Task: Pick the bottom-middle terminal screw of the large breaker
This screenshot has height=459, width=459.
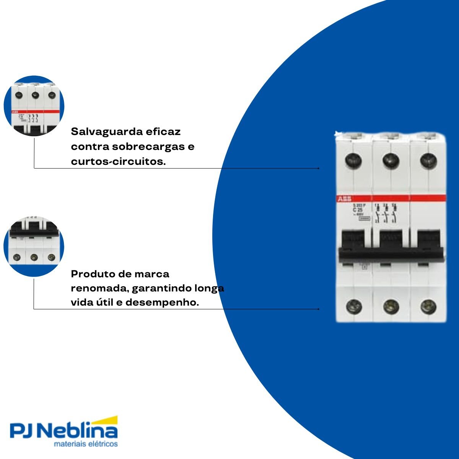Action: [x=391, y=306]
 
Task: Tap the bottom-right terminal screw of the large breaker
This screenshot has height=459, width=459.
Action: [x=428, y=306]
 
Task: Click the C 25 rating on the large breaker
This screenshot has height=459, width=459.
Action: [x=357, y=210]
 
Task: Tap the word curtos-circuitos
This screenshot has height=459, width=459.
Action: [x=118, y=161]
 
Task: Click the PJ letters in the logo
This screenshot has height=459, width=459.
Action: [x=23, y=431]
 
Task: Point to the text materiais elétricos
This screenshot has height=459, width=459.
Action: [x=86, y=444]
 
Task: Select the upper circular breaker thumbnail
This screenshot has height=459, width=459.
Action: [x=34, y=106]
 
